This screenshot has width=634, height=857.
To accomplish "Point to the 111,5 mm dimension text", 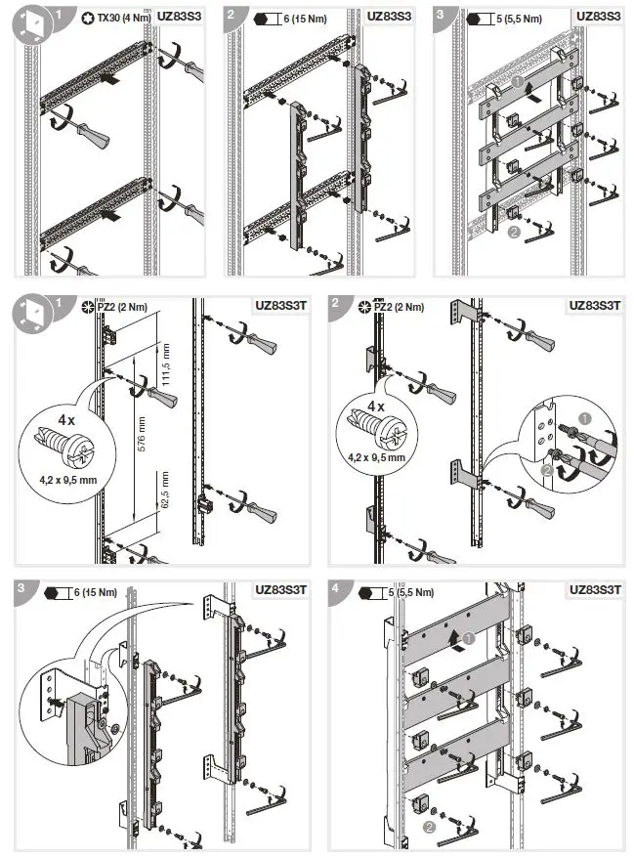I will (x=166, y=364).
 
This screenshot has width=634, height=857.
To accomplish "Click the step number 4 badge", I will (x=336, y=589).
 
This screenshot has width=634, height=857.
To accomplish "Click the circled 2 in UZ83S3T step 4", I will (x=427, y=827).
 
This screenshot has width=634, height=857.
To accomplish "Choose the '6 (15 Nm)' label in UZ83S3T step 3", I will (x=95, y=592).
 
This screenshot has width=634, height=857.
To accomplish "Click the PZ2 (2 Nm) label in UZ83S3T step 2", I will (x=401, y=307).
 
